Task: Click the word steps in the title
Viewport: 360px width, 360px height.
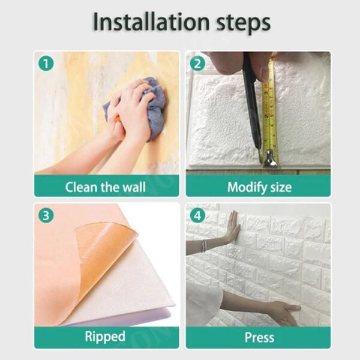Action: pyautogui.click(x=237, y=23)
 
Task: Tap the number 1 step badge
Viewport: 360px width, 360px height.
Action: pyautogui.click(x=44, y=62)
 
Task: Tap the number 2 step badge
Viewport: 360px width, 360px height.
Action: pyautogui.click(x=196, y=62)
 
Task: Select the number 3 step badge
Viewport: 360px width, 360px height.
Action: pyautogui.click(x=44, y=214)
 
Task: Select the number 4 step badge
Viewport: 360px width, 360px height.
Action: pyautogui.click(x=196, y=214)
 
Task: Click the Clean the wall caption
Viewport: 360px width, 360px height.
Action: pyautogui.click(x=106, y=187)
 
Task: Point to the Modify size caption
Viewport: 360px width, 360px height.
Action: pyautogui.click(x=259, y=187)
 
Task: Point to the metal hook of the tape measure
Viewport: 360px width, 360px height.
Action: pyautogui.click(x=269, y=158)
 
